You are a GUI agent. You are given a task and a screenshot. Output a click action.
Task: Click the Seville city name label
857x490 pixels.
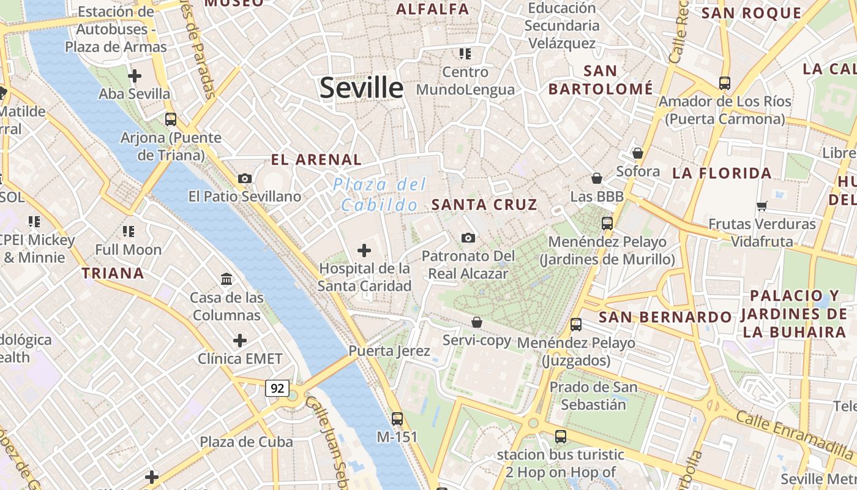[362, 88]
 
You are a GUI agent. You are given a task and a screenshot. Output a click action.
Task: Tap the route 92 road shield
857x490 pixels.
[277, 388]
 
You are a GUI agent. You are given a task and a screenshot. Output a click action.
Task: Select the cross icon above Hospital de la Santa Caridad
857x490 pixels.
[364, 250]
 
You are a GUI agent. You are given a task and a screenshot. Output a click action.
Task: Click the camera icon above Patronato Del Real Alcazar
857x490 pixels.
[468, 238]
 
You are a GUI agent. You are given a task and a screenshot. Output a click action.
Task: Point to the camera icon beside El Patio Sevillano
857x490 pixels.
[245, 178]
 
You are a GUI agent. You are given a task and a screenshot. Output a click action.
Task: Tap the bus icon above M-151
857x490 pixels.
[397, 419]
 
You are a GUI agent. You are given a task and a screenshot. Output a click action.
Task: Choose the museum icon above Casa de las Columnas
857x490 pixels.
[226, 279]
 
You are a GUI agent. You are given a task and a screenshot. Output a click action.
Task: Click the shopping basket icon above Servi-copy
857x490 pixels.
[477, 322]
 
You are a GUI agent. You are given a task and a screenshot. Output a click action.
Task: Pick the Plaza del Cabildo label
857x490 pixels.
[380, 195]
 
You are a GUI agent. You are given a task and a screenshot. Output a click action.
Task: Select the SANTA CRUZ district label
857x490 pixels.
[484, 205]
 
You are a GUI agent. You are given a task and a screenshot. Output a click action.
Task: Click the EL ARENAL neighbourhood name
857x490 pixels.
[316, 160]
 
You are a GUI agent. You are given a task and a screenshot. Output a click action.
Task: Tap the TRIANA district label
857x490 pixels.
[113, 273]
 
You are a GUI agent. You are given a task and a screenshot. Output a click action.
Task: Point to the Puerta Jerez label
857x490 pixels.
[389, 351]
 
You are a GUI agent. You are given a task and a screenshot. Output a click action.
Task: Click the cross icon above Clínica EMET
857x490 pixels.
[240, 340]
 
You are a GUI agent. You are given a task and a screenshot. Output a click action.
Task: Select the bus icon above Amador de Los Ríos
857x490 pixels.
[725, 83]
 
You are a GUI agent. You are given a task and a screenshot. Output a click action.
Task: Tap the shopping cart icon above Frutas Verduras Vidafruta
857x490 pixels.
[762, 206]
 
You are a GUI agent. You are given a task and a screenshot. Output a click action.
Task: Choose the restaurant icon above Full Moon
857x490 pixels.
[129, 231]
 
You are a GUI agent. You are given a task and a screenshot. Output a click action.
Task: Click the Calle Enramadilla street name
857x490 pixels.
[795, 435]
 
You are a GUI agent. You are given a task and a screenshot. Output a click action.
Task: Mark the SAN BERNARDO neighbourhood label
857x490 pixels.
[665, 317]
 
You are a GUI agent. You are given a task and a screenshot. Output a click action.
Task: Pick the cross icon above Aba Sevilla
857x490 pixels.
[135, 76]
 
